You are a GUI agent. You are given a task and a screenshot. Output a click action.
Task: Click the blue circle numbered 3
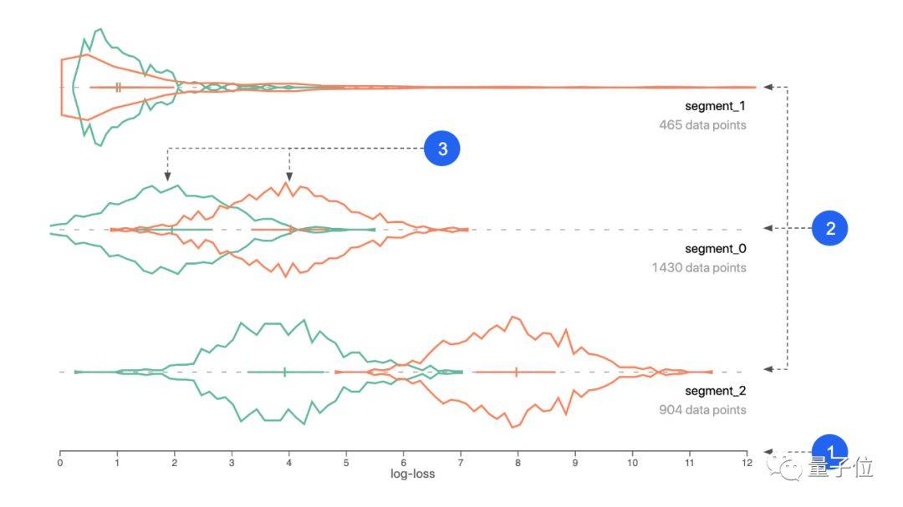[441, 149]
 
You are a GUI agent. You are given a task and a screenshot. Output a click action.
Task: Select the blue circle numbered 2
[830, 228]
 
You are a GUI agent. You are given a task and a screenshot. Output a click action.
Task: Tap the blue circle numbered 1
[830, 451]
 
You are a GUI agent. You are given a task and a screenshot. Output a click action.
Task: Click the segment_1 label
[715, 106]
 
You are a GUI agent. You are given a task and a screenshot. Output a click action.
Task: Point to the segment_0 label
[715, 249]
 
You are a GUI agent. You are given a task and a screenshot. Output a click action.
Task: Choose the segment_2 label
[715, 391]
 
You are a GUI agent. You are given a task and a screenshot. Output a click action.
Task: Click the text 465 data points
[702, 125]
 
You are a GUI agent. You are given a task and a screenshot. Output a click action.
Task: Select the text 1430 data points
[699, 267]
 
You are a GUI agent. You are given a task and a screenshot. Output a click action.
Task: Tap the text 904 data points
[702, 410]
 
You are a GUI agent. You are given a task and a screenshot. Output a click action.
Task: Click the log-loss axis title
[412, 474]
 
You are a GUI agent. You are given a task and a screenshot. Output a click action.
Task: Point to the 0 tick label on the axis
[60, 463]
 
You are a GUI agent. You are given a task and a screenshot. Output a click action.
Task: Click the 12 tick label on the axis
[747, 463]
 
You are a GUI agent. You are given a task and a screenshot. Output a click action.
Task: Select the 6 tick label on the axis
[403, 463]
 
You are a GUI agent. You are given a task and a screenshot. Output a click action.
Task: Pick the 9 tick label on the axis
[574, 463]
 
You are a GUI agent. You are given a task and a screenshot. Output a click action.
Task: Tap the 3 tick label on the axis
[232, 463]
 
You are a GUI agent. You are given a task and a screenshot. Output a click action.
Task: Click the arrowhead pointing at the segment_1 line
[768, 87]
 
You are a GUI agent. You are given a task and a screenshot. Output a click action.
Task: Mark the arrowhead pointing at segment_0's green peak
[167, 176]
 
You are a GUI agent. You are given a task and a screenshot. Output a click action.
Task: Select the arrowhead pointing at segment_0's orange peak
[289, 176]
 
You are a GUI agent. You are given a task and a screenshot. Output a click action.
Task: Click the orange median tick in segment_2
[516, 372]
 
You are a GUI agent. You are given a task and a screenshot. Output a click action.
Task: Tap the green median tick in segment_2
[284, 372]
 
